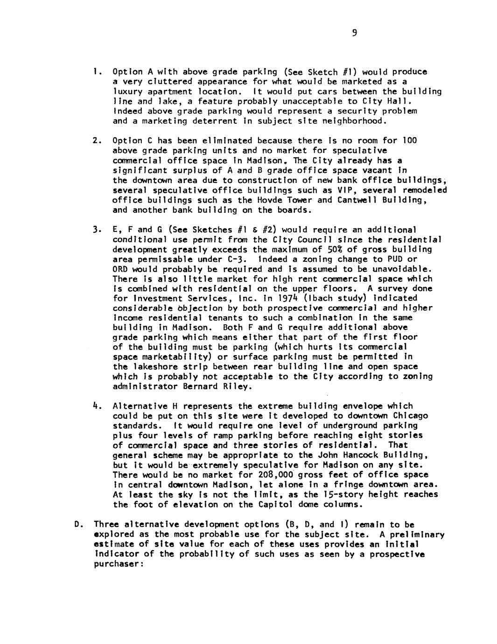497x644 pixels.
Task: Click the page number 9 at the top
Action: (x=355, y=33)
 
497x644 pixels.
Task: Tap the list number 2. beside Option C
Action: (x=95, y=141)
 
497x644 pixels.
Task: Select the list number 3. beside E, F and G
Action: (x=95, y=230)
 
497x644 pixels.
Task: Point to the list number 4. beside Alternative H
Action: (x=95, y=406)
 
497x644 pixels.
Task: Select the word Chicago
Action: (x=410, y=416)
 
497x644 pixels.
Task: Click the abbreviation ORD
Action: (x=120, y=269)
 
